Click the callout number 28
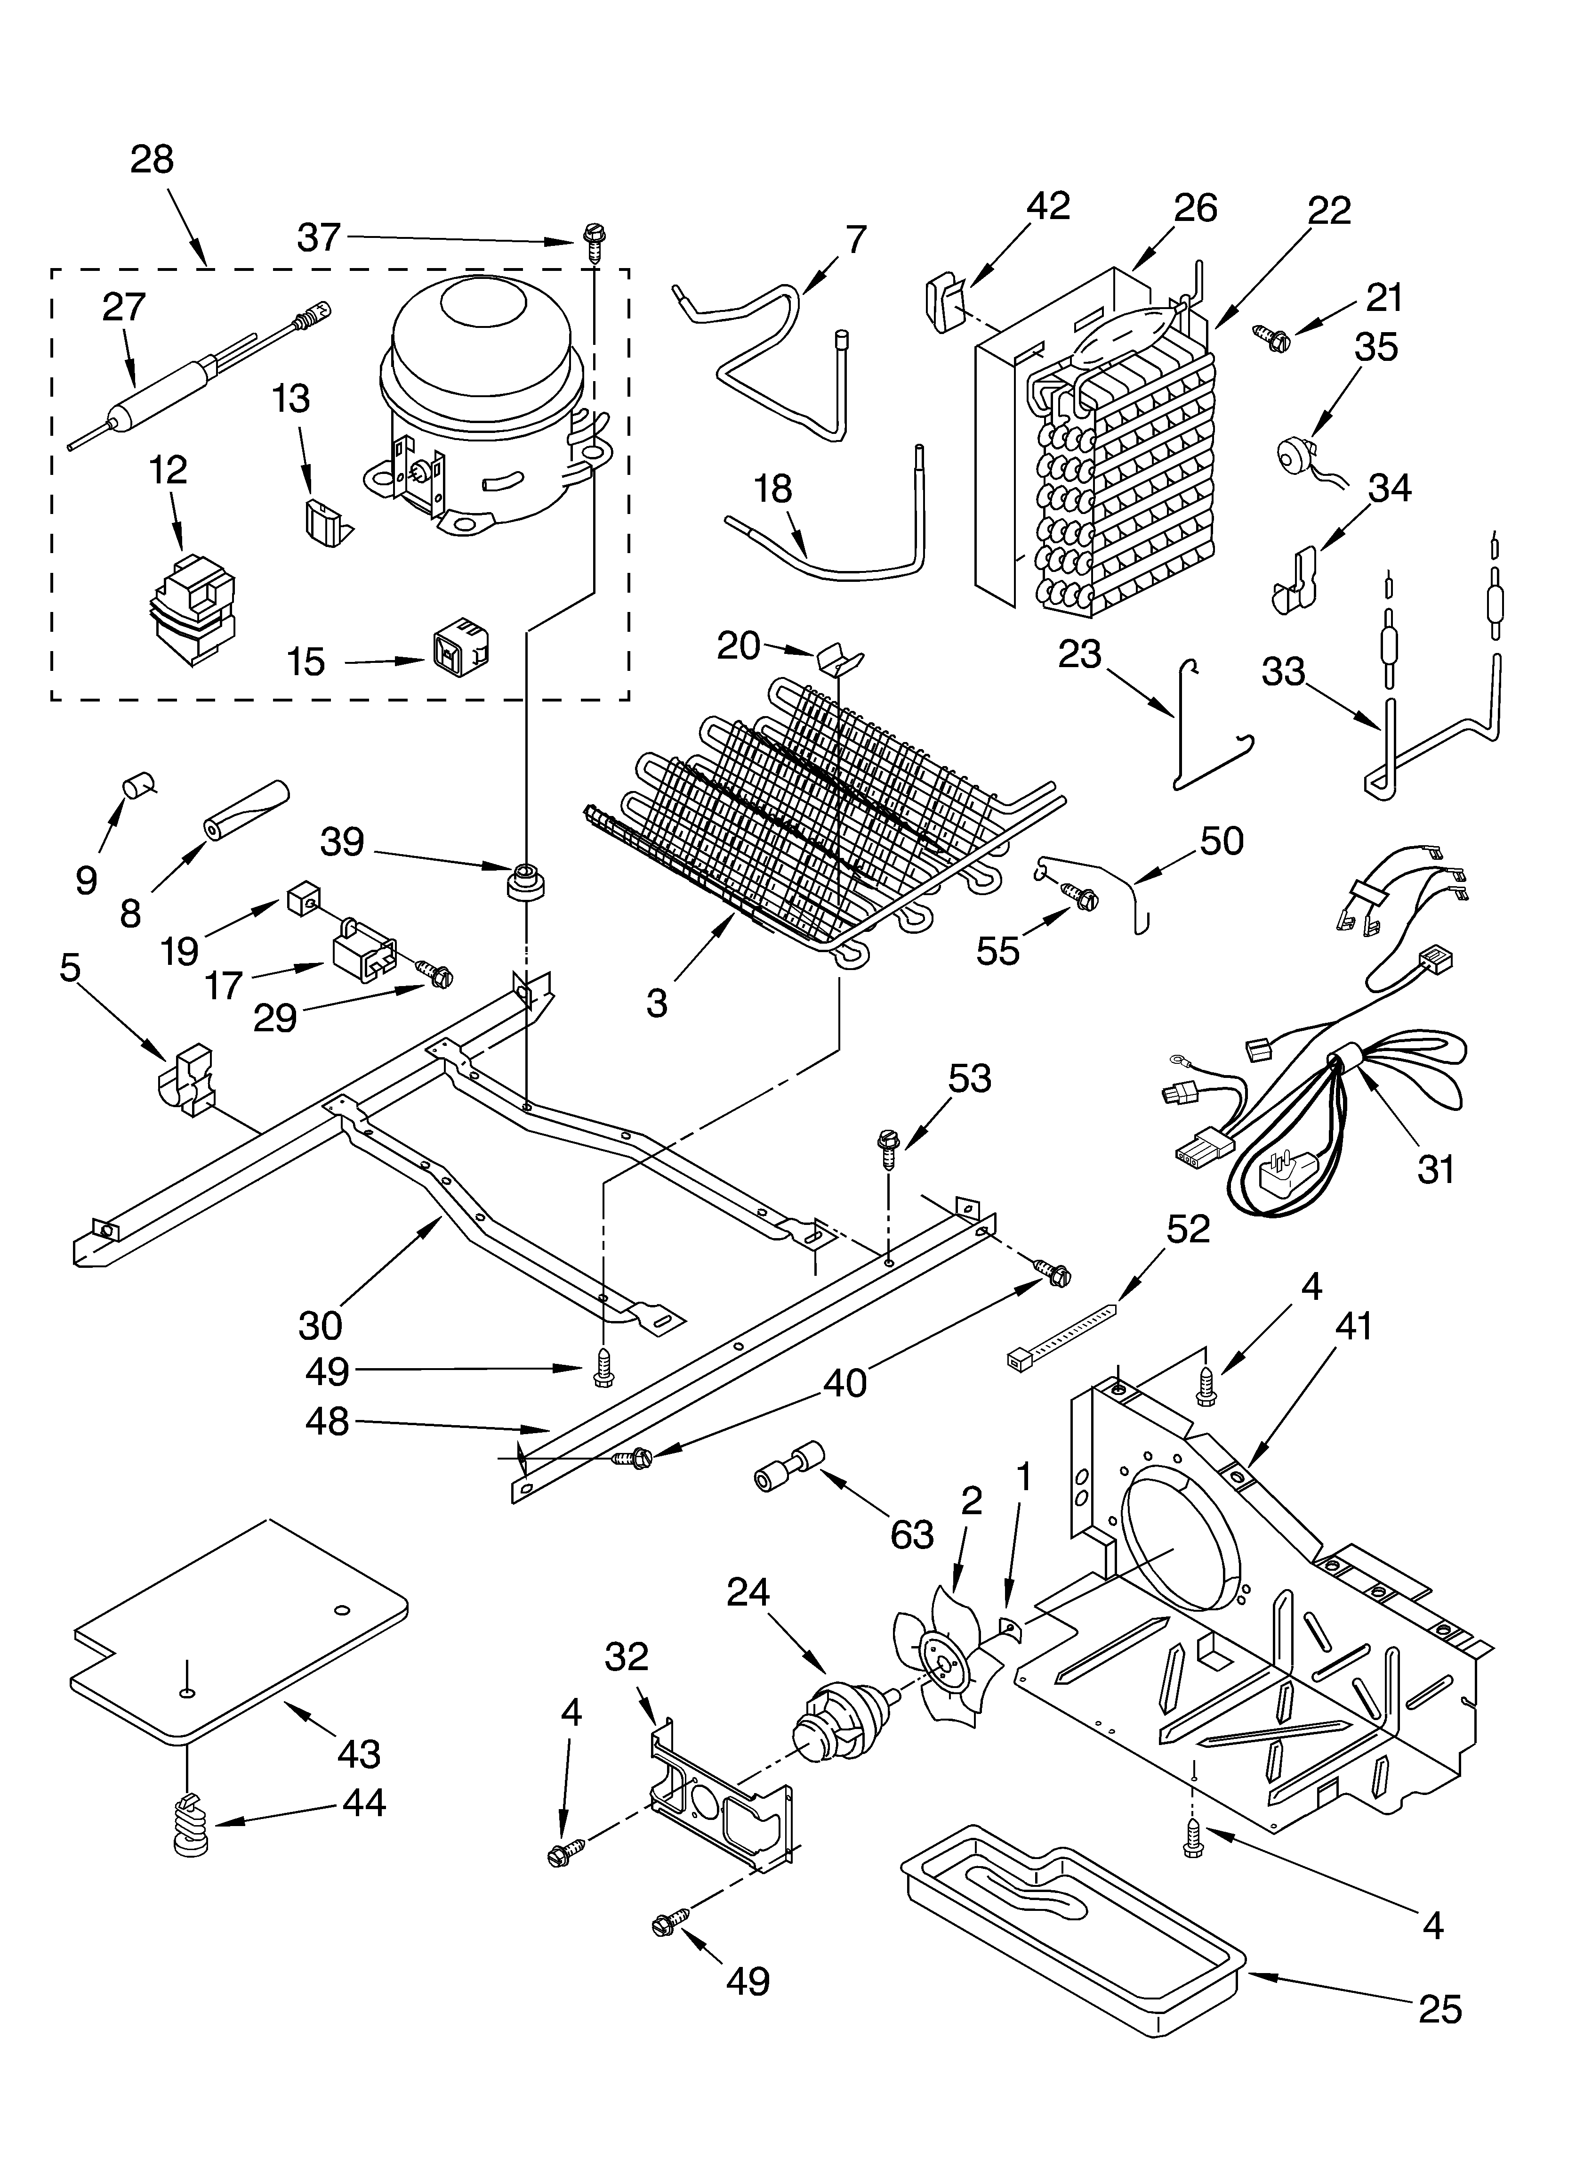click(x=152, y=159)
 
